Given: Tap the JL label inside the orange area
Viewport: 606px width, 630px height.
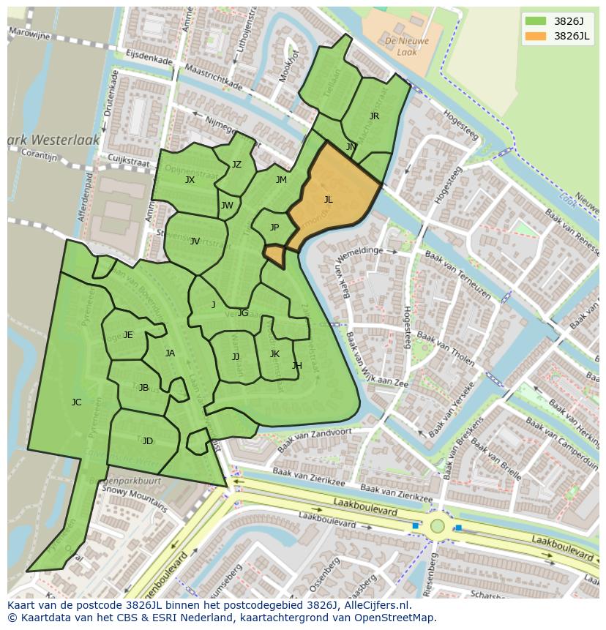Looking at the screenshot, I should [x=328, y=199].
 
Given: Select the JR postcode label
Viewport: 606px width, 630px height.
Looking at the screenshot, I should [x=374, y=116].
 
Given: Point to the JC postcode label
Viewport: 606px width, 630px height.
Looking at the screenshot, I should [x=76, y=402].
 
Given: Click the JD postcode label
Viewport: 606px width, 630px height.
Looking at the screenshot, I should [x=148, y=441].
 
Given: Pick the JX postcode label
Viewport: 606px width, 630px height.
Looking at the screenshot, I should [x=190, y=180].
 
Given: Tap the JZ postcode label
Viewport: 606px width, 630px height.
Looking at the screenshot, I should [x=236, y=165].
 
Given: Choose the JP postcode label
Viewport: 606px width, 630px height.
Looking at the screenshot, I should [x=274, y=228].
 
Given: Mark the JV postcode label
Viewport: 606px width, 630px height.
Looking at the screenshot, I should [x=195, y=241].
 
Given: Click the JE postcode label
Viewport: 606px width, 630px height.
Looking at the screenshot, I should [x=128, y=335].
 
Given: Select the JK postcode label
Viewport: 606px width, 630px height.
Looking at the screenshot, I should [x=274, y=354].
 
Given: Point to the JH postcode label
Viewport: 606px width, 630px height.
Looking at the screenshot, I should [x=296, y=366].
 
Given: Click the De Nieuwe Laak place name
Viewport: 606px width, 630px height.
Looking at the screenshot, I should [x=401, y=47].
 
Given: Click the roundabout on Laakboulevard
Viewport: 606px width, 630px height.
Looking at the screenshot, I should [x=437, y=525].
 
